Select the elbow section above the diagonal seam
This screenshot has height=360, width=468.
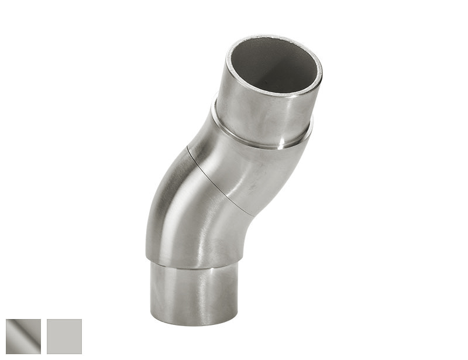pos(246,170)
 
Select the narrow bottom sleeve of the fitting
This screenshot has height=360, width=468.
pos(193,293)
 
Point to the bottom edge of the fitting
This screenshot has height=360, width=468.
pos(193,324)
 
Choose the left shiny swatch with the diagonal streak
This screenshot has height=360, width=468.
pos(23,337)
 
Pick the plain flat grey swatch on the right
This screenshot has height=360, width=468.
pos(64,337)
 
